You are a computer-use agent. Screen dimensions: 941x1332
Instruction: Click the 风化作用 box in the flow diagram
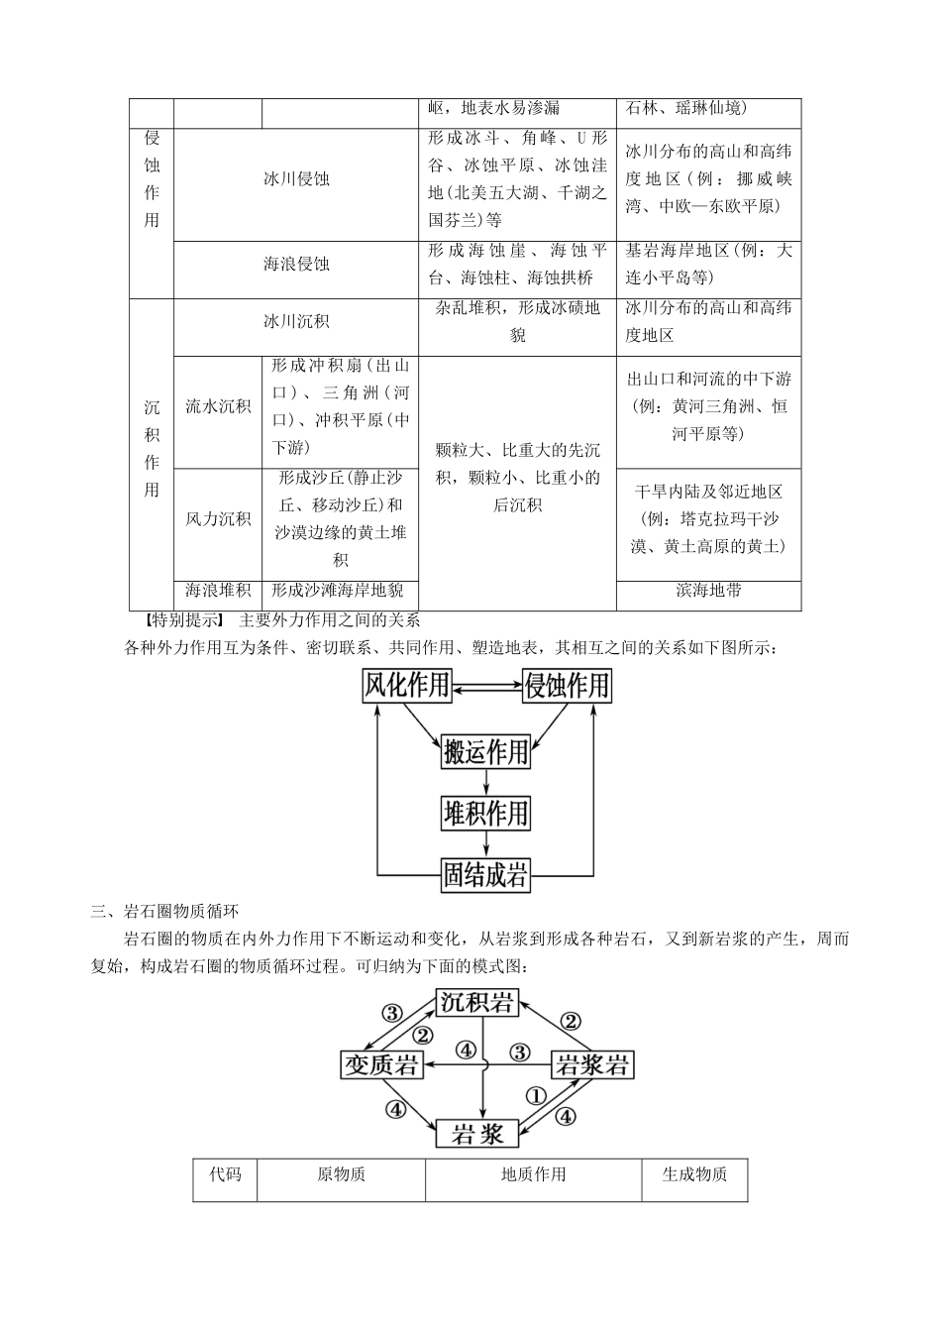coord(407,686)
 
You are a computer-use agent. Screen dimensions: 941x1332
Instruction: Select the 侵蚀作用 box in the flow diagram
coord(567,686)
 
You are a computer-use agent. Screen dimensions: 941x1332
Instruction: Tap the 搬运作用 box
coord(485,752)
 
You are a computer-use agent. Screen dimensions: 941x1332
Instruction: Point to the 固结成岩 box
coord(485,875)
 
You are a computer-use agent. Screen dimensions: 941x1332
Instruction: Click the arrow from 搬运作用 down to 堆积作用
coord(485,782)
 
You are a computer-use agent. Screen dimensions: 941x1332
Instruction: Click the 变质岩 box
coord(381,1065)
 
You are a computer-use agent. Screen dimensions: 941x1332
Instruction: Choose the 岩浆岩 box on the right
coord(591,1065)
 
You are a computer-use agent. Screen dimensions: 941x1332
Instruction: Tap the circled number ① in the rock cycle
coord(535,1096)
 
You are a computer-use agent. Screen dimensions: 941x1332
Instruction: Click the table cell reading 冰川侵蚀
coord(296,179)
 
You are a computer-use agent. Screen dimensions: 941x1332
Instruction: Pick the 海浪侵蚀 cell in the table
coord(296,265)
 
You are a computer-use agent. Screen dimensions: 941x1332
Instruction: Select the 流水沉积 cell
coord(218,406)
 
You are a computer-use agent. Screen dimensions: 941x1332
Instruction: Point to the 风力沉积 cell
coord(218,518)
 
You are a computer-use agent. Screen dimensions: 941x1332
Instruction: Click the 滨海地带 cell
coord(708,591)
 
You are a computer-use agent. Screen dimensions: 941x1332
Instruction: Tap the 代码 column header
coord(225,1175)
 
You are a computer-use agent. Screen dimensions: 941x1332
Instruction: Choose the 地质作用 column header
coord(534,1175)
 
